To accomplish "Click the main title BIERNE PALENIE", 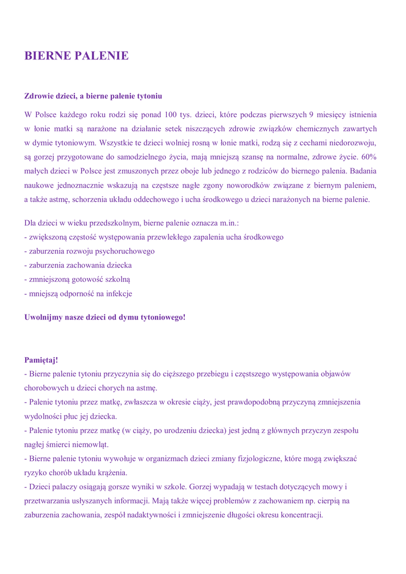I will pos(77,55).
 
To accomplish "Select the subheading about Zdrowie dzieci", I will pos(93,96).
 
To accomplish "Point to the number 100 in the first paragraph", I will pos(170,115).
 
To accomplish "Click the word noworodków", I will pos(251,185).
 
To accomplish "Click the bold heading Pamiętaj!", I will pos(41,359).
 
